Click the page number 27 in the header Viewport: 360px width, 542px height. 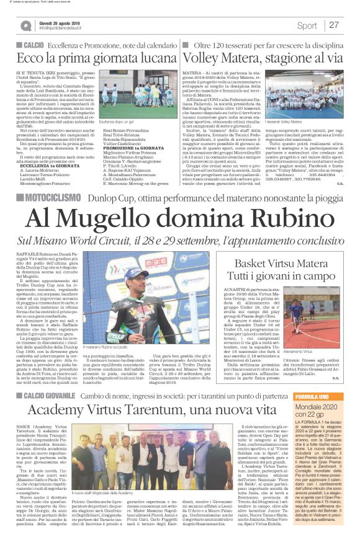(x=334, y=25)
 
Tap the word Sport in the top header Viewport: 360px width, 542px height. (x=307, y=25)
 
